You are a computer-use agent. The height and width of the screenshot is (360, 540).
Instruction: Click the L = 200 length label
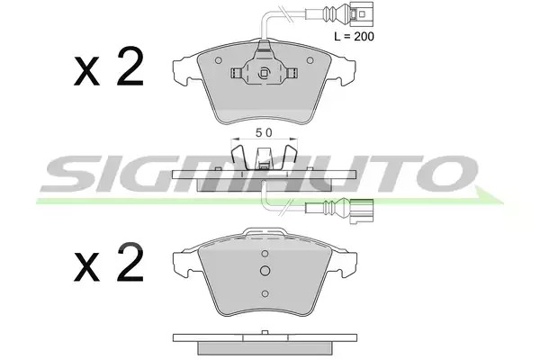pyautogui.click(x=354, y=36)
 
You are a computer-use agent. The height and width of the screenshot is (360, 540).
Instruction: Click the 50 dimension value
pyautogui.click(x=264, y=132)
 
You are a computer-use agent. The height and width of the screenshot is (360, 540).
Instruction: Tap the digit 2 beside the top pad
pyautogui.click(x=130, y=66)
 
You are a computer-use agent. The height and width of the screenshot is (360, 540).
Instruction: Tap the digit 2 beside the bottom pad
pyautogui.click(x=130, y=262)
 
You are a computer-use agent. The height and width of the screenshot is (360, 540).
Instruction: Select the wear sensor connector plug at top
pyautogui.click(x=361, y=13)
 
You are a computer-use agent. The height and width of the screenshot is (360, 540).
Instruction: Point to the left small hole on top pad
pyautogui.click(x=219, y=60)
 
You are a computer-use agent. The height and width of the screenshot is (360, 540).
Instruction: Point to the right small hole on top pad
pyautogui.click(x=310, y=60)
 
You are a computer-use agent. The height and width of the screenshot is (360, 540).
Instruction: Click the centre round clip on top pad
pyautogui.click(x=264, y=73)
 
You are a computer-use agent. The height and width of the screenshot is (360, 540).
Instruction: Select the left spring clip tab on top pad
pyautogui.click(x=236, y=73)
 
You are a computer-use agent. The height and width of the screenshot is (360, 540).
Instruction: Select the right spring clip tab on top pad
pyautogui.click(x=292, y=73)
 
